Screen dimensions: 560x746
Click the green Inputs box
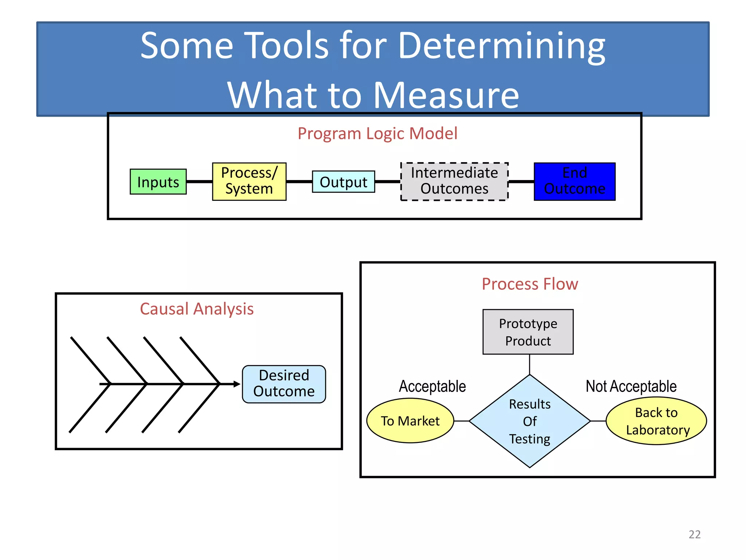(x=158, y=182)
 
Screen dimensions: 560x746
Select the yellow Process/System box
(x=249, y=181)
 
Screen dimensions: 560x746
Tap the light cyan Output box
(x=343, y=182)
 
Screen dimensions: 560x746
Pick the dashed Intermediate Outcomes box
(x=454, y=181)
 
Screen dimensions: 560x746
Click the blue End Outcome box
(x=574, y=181)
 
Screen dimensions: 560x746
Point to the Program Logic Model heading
(x=377, y=133)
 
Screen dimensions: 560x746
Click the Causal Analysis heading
(x=197, y=309)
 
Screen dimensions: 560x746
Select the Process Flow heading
(x=530, y=284)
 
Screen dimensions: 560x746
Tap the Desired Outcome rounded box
(x=284, y=384)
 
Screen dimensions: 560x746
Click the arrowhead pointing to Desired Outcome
(x=237, y=384)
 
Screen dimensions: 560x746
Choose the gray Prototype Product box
(x=528, y=332)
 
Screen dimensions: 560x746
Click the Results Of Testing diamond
(x=530, y=421)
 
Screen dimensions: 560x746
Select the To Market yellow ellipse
(x=410, y=421)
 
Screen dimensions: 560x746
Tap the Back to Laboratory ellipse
(x=656, y=421)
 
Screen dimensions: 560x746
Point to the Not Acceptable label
(x=631, y=386)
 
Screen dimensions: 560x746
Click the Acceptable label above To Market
(x=432, y=386)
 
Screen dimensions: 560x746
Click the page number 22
(x=694, y=534)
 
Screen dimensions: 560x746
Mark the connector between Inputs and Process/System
(x=199, y=181)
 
